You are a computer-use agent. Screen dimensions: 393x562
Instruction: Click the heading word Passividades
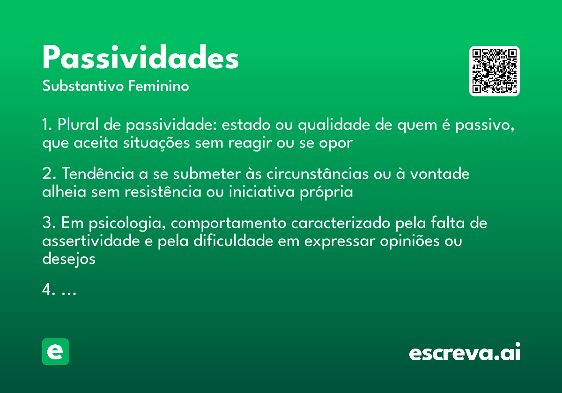pos(140,58)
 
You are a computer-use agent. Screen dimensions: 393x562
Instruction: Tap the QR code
pos(495,71)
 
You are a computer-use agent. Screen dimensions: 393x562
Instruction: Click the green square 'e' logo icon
pos(55,351)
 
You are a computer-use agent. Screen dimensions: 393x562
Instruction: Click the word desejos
pos(69,259)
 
